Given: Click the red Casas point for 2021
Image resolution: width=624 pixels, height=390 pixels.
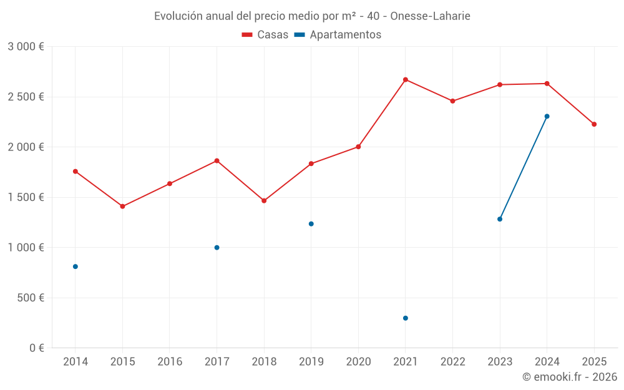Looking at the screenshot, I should tap(406, 80).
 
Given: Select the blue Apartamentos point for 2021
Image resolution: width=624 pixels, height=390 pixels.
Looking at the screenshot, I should tap(406, 318).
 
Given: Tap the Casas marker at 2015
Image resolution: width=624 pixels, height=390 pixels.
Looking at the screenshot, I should tap(122, 207).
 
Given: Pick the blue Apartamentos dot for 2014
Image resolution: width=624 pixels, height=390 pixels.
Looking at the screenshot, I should tap(76, 266).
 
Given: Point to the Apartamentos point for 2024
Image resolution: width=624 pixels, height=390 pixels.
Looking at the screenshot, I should tap(547, 116).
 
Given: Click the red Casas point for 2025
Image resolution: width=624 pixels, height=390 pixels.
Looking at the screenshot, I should tap(594, 124).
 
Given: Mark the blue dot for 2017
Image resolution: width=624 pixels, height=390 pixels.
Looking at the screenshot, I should tap(217, 248).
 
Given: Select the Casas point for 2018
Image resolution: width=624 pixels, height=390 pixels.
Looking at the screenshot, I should tap(264, 201).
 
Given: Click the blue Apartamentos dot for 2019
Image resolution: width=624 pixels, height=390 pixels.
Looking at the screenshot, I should tap(311, 224).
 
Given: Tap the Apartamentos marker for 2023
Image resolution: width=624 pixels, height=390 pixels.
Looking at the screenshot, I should tap(500, 219).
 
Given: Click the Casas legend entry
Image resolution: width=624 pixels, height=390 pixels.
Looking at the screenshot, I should tap(266, 35).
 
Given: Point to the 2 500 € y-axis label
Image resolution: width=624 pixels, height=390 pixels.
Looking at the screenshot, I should tap(26, 97).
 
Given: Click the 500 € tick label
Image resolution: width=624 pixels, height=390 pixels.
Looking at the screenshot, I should tap(30, 298).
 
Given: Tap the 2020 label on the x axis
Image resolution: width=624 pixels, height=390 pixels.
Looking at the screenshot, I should tap(358, 362).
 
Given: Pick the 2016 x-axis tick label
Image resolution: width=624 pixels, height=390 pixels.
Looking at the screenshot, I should tap(170, 362).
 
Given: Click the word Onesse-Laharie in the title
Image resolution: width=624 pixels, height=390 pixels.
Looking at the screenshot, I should tap(430, 16).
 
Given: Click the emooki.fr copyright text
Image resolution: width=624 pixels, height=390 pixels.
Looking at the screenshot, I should tap(569, 377).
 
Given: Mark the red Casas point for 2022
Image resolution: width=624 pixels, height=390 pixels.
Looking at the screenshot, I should tap(452, 101).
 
